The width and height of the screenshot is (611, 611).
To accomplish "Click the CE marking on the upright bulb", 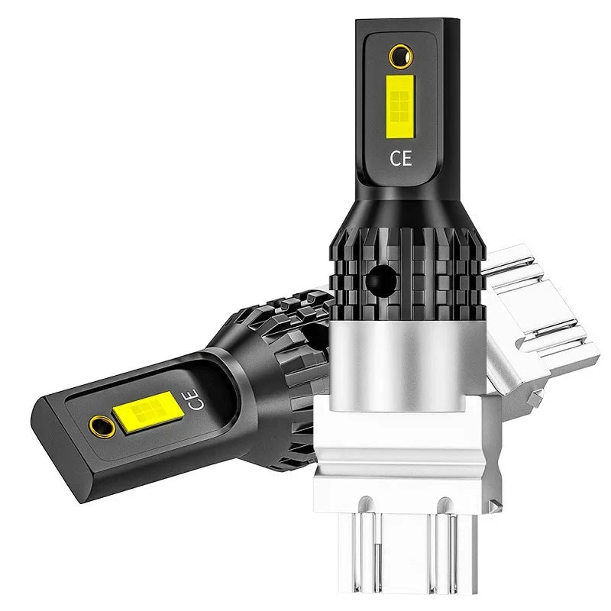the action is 400,158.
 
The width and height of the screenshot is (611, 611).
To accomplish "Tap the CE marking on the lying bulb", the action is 196,399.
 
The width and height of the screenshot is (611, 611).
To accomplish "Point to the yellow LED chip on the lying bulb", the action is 148,411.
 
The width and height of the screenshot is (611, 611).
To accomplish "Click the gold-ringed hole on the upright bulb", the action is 402,56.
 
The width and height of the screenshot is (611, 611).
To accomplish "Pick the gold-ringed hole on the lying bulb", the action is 102,426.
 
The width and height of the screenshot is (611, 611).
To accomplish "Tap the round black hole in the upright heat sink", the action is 380,280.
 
